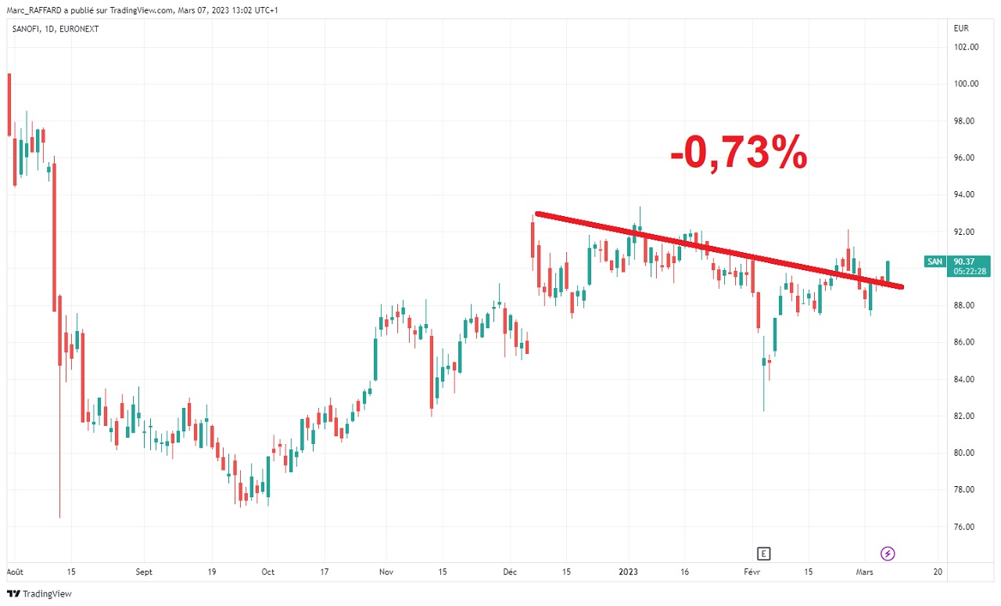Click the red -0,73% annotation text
(738, 152)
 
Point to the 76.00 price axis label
(966, 527)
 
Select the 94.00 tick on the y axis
(966, 195)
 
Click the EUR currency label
(961, 28)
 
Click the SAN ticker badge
(934, 262)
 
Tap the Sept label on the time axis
(144, 572)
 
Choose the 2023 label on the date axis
(629, 572)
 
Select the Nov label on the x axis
(386, 572)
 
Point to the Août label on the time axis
(15, 572)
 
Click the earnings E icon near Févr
(764, 554)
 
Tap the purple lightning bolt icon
(888, 554)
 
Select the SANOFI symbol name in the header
(27, 29)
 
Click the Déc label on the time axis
(511, 572)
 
